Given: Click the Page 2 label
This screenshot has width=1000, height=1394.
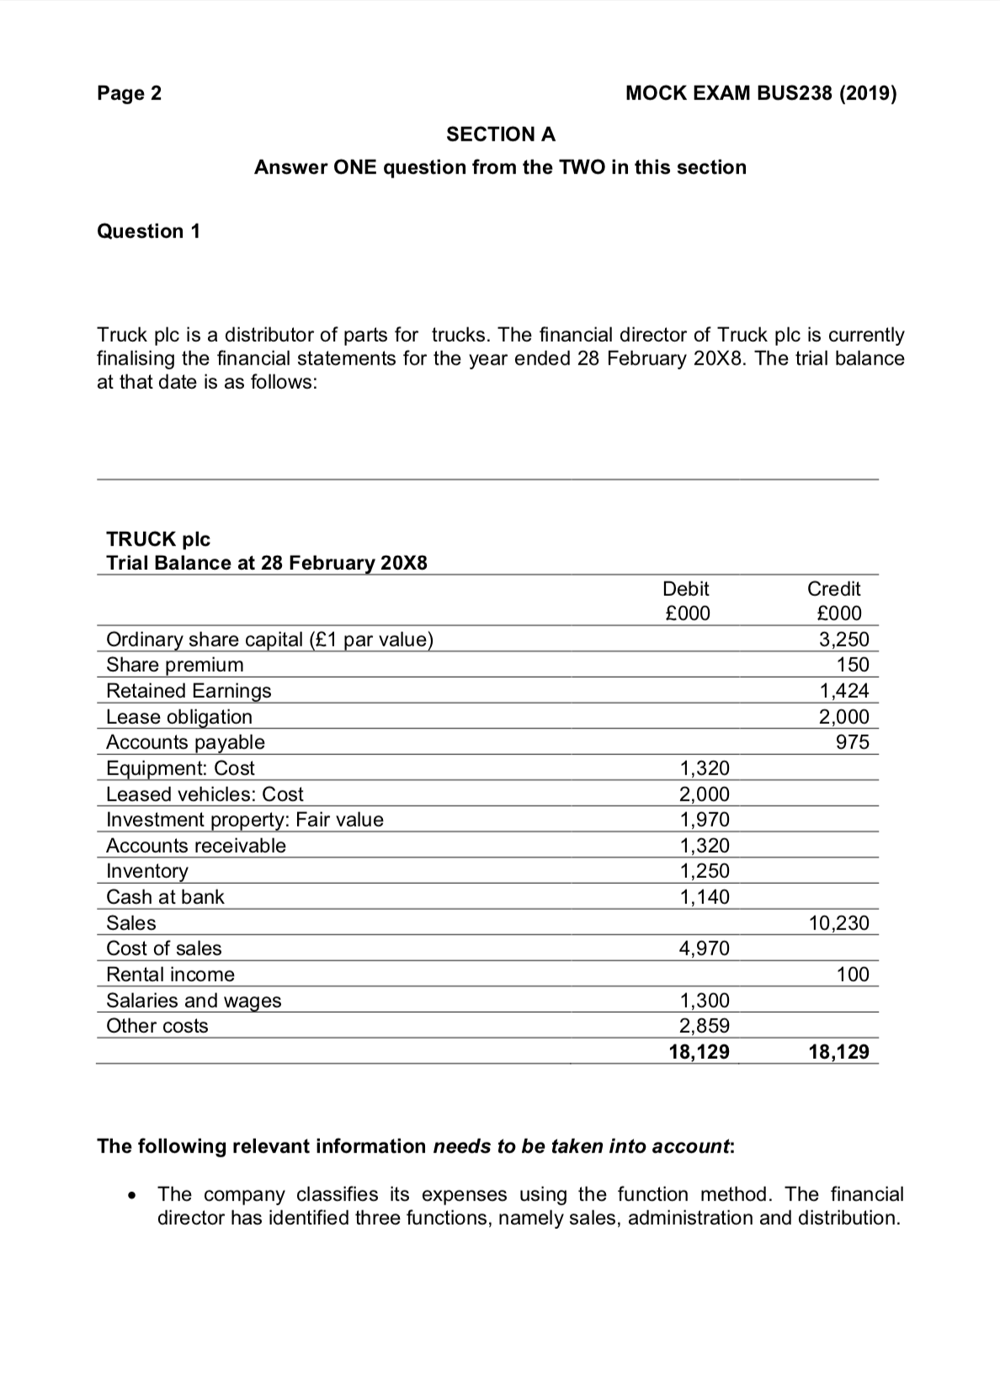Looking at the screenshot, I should click(129, 93).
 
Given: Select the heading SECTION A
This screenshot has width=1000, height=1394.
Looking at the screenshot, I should click(500, 134).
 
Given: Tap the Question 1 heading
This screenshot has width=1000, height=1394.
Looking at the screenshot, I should click(149, 231).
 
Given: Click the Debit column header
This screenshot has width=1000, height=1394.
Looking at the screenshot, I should click(686, 588).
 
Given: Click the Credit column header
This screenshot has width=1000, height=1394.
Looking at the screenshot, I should click(833, 588).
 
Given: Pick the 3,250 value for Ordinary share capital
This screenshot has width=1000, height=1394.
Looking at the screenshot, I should click(844, 639).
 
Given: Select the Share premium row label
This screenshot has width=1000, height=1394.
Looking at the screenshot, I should click(174, 664).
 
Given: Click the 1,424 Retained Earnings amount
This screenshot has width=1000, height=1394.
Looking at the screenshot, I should click(844, 691).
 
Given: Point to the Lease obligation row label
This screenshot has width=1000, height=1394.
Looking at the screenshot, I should click(178, 716).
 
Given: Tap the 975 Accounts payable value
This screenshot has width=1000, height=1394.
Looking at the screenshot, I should click(852, 742).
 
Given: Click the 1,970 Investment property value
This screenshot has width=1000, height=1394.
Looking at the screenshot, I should click(705, 819).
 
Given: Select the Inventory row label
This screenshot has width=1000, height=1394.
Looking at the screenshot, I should click(146, 870).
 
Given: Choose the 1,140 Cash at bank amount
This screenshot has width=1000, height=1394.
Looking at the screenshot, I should click(705, 897).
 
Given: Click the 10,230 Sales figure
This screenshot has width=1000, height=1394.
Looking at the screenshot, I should click(838, 923).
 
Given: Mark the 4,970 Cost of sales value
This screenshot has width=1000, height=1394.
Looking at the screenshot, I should click(705, 948).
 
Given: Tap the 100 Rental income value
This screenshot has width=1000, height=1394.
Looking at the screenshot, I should click(853, 974).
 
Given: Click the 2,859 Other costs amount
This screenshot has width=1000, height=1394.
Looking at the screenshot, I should click(705, 1025).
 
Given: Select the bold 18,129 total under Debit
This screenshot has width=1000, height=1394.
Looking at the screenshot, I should click(699, 1051).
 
